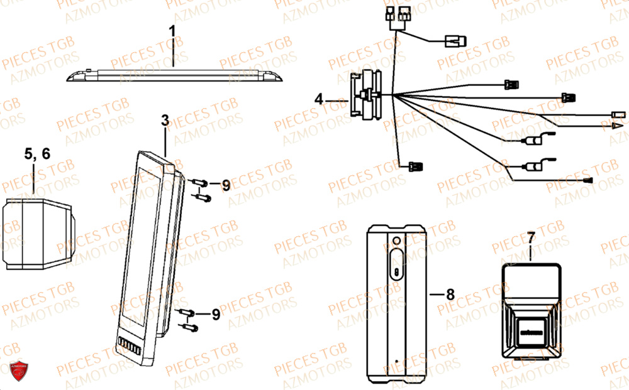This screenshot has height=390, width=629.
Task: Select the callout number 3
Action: tap(165, 122)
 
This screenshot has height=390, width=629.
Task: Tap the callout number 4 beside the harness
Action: tap(319, 99)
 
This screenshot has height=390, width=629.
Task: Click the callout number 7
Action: tap(531, 238)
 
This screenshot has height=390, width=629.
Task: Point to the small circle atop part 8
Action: tap(396, 241)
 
